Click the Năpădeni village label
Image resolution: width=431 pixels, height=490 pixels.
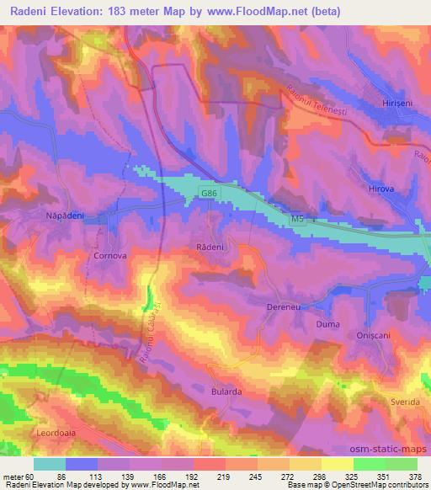coord(63,215)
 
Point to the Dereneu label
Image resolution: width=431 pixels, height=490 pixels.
coord(283,308)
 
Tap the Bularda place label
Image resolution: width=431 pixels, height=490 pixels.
coord(226,392)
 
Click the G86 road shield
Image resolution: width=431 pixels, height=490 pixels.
coord(209,193)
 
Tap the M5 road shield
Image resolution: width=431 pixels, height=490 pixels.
coord(297,219)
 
